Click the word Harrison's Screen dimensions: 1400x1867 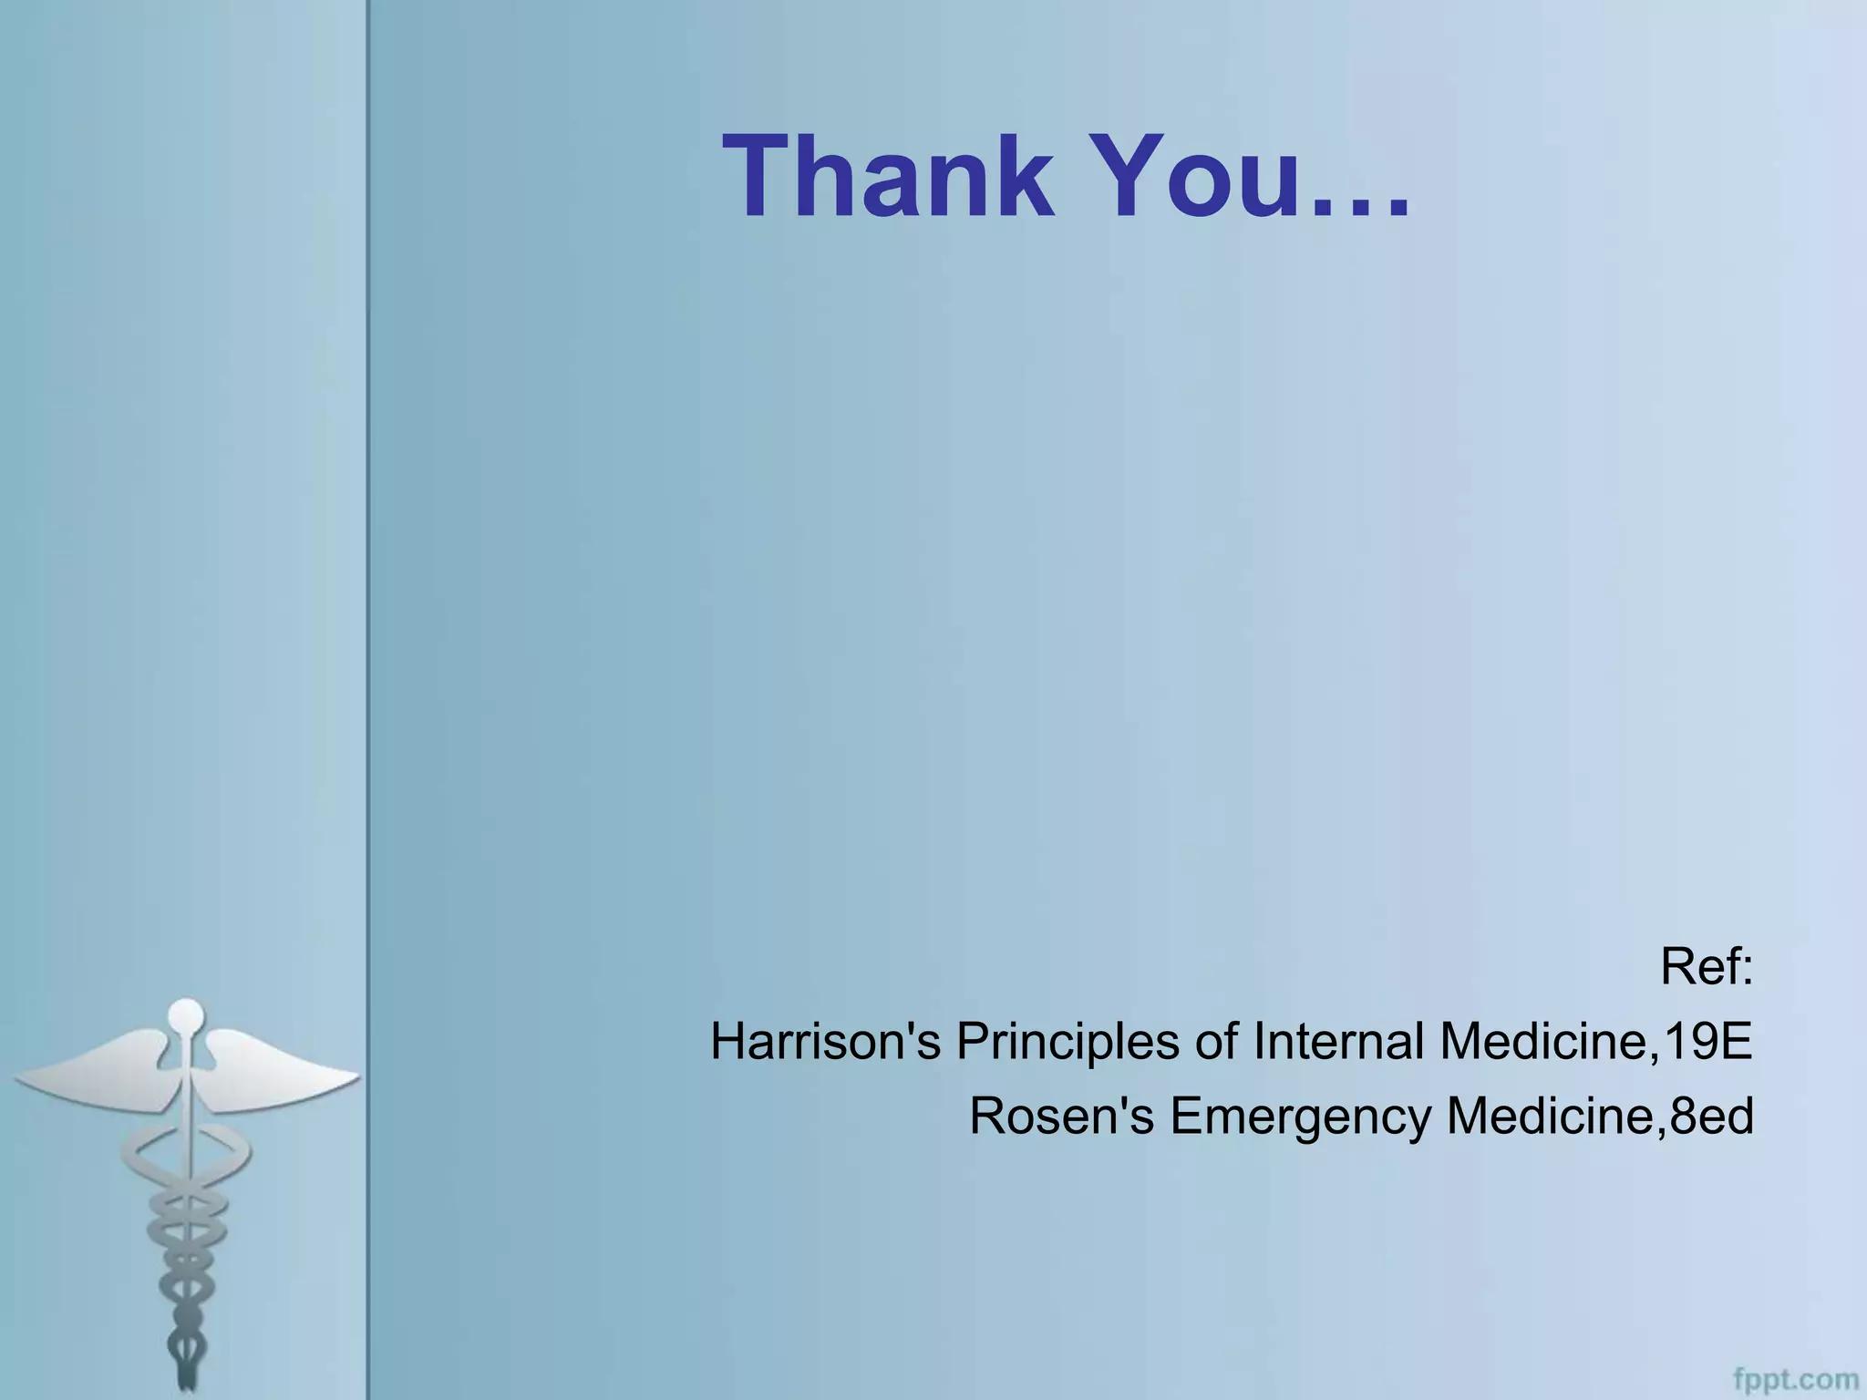pos(825,1041)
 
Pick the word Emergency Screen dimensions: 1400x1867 pos(1300,1117)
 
